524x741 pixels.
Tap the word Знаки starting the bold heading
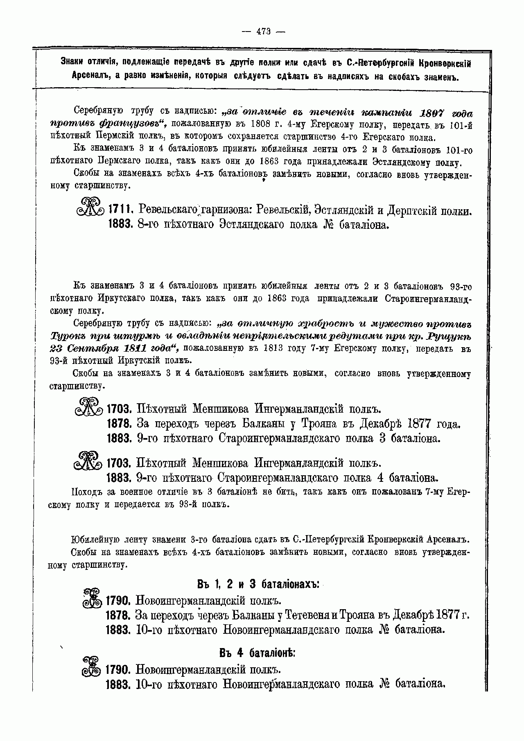click(x=72, y=63)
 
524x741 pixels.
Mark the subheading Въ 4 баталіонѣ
click(x=257, y=653)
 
